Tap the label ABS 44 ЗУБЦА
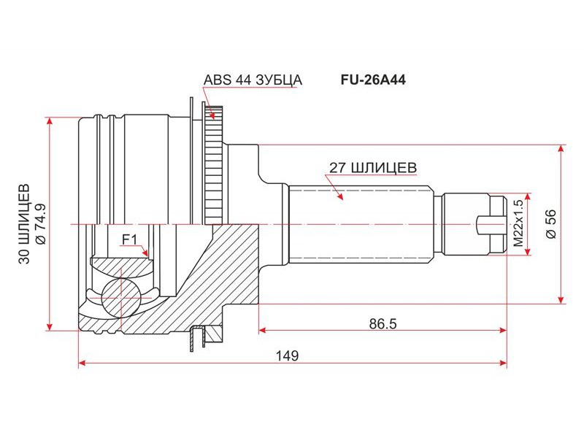253,80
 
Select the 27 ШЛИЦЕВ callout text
373,167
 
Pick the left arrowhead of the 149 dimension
81,363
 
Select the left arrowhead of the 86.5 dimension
262,330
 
